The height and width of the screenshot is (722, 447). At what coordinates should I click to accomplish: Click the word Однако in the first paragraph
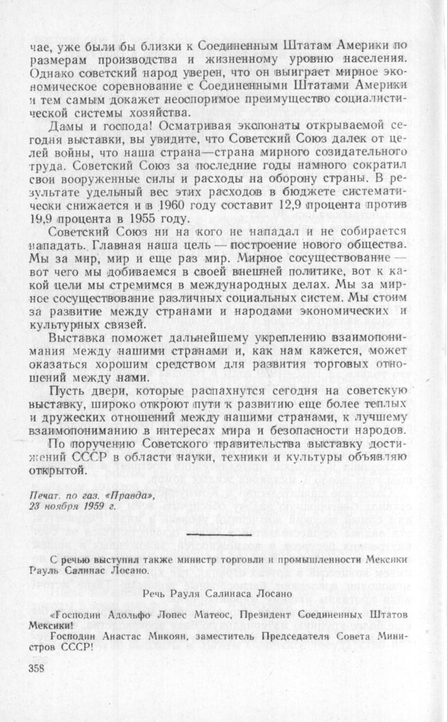(50, 72)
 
